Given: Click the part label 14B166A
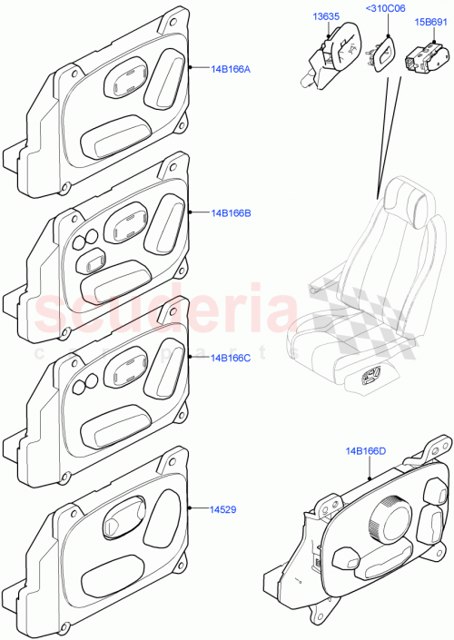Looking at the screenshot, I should tap(231, 68).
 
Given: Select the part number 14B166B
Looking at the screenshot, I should tap(231, 213).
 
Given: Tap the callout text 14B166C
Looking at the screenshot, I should tap(231, 358).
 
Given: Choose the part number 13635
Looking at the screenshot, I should tap(327, 15).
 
